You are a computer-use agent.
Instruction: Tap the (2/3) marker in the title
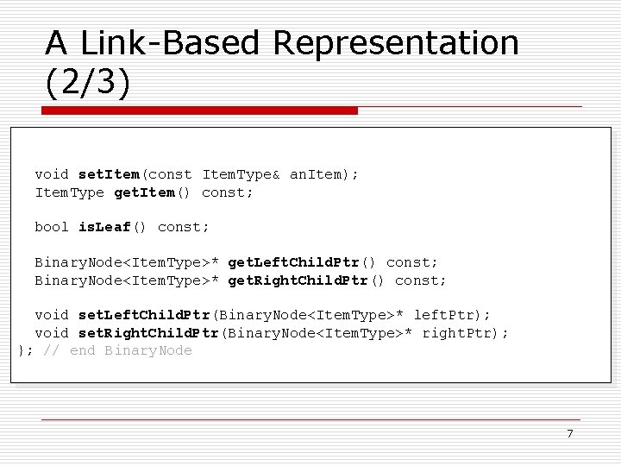[88, 82]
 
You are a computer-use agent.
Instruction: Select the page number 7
[569, 434]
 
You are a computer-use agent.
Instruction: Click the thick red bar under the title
[200, 110]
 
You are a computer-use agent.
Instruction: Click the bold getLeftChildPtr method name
[293, 262]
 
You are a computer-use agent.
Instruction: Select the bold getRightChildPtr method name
[298, 280]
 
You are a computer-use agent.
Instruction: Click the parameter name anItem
[316, 174]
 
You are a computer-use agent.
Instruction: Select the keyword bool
[52, 227]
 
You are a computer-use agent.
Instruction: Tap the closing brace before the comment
[21, 350]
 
